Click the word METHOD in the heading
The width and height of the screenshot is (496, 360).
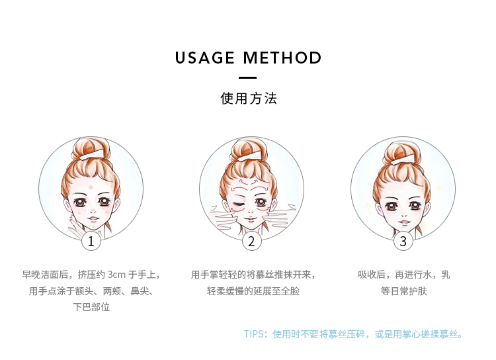pos(282,58)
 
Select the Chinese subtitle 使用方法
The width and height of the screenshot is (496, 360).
pos(248,99)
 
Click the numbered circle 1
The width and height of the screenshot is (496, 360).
pos(91,242)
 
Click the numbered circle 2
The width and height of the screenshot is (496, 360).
pos(251,242)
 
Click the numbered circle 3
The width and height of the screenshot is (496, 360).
pos(403,242)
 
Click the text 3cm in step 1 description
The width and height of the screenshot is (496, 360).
pos(116,274)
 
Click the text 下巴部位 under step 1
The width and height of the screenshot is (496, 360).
pos(91,307)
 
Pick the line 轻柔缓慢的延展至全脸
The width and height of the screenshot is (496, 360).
pos(253,291)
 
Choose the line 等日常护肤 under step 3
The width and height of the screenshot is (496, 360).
pos(404,291)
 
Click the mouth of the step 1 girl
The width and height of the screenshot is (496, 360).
pos(91,220)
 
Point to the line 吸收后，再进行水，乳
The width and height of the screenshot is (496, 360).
pos(404,274)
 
